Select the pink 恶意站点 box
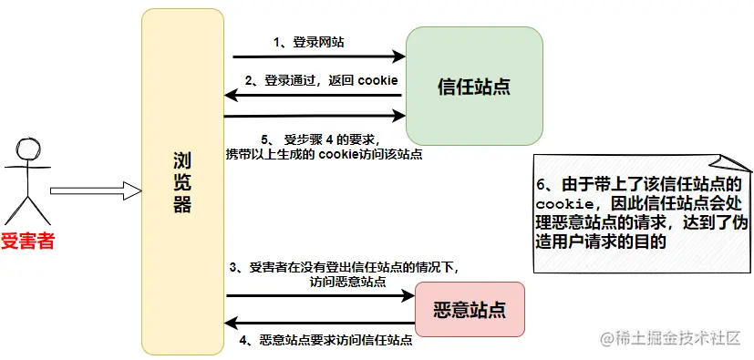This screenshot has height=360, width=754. pos(470,310)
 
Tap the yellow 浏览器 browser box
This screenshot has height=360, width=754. pos(182,182)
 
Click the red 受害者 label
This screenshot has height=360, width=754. pos(27,242)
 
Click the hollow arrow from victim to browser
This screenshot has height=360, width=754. pos(96,190)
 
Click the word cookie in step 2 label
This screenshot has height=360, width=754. pos(377,80)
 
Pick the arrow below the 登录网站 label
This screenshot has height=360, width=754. pos(315,57)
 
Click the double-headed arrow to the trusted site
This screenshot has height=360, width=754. pos(315,116)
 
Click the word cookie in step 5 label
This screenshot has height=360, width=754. pos(338,154)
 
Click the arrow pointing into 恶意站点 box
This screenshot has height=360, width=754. pos(319,295)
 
